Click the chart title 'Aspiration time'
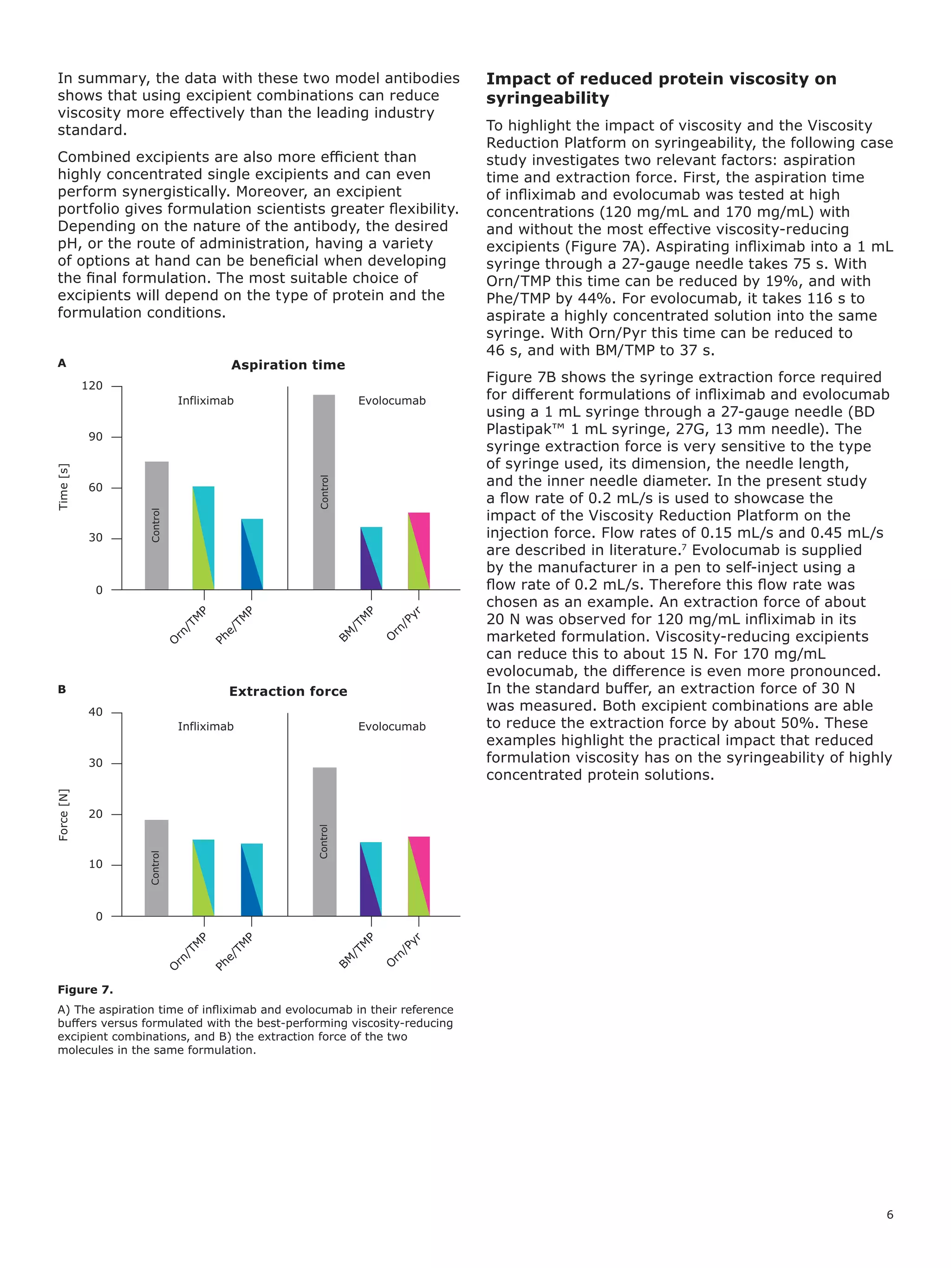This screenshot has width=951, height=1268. coord(288,365)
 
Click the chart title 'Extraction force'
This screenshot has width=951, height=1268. coord(288,691)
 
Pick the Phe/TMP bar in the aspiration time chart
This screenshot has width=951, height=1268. coord(252,554)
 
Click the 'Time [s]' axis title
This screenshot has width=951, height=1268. coord(64,487)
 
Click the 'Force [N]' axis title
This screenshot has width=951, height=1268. coord(64,814)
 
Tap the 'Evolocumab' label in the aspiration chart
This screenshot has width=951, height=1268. coord(391,401)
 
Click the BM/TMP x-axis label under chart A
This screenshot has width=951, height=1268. coord(356,624)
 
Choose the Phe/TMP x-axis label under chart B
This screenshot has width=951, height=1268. coord(234,951)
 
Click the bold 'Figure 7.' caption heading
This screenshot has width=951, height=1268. coord(85,990)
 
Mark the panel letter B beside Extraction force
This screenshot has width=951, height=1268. coord(62,689)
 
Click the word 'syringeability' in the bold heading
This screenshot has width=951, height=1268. coord(547,98)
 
